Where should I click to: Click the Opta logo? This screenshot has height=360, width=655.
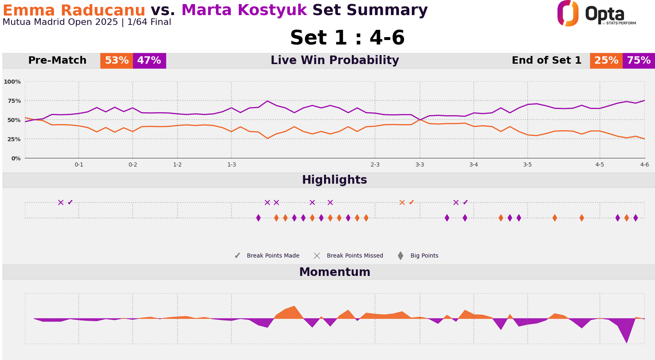[596, 13]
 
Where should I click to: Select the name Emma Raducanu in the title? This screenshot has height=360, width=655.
[74, 10]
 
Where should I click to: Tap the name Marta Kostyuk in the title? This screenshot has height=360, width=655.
[244, 10]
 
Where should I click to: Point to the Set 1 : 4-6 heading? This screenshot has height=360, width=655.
[347, 38]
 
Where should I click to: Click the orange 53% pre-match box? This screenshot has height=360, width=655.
[117, 61]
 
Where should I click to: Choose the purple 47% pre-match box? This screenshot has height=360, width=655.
[149, 61]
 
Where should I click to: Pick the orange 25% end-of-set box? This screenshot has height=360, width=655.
[606, 61]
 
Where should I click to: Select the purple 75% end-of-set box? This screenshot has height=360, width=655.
[639, 61]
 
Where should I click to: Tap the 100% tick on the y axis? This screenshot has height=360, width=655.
[12, 82]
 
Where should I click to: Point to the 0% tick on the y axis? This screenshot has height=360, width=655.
[16, 158]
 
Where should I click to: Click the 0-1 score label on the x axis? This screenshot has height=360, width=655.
[79, 165]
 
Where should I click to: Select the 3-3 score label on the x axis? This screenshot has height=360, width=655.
[420, 165]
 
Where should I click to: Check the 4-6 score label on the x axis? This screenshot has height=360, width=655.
[644, 165]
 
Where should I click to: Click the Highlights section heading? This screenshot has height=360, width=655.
[334, 180]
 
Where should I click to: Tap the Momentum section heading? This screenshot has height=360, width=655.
[335, 272]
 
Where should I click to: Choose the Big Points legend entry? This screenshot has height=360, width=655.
[419, 256]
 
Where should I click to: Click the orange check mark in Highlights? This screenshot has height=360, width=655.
[411, 202]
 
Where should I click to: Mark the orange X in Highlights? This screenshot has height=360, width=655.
[402, 202]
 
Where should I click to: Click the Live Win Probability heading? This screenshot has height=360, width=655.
[335, 61]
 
